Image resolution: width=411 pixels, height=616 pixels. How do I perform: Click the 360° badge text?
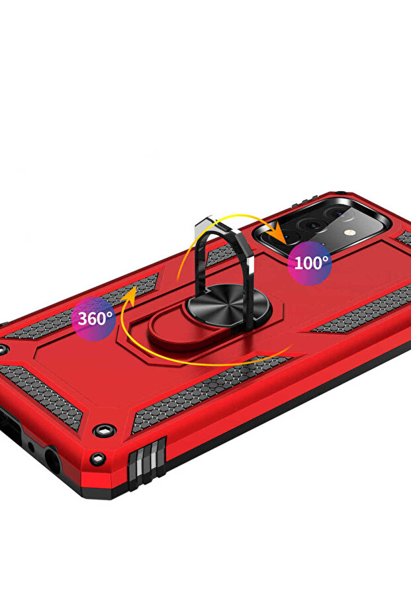click(x=95, y=318)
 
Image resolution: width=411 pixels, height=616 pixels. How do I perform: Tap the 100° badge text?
click(x=311, y=263)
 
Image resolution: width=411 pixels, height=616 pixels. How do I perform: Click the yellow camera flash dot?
click(x=347, y=233)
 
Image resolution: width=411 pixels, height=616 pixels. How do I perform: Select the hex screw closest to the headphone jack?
click(x=97, y=458)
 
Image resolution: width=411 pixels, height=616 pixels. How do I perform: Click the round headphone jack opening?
click(x=52, y=458)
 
